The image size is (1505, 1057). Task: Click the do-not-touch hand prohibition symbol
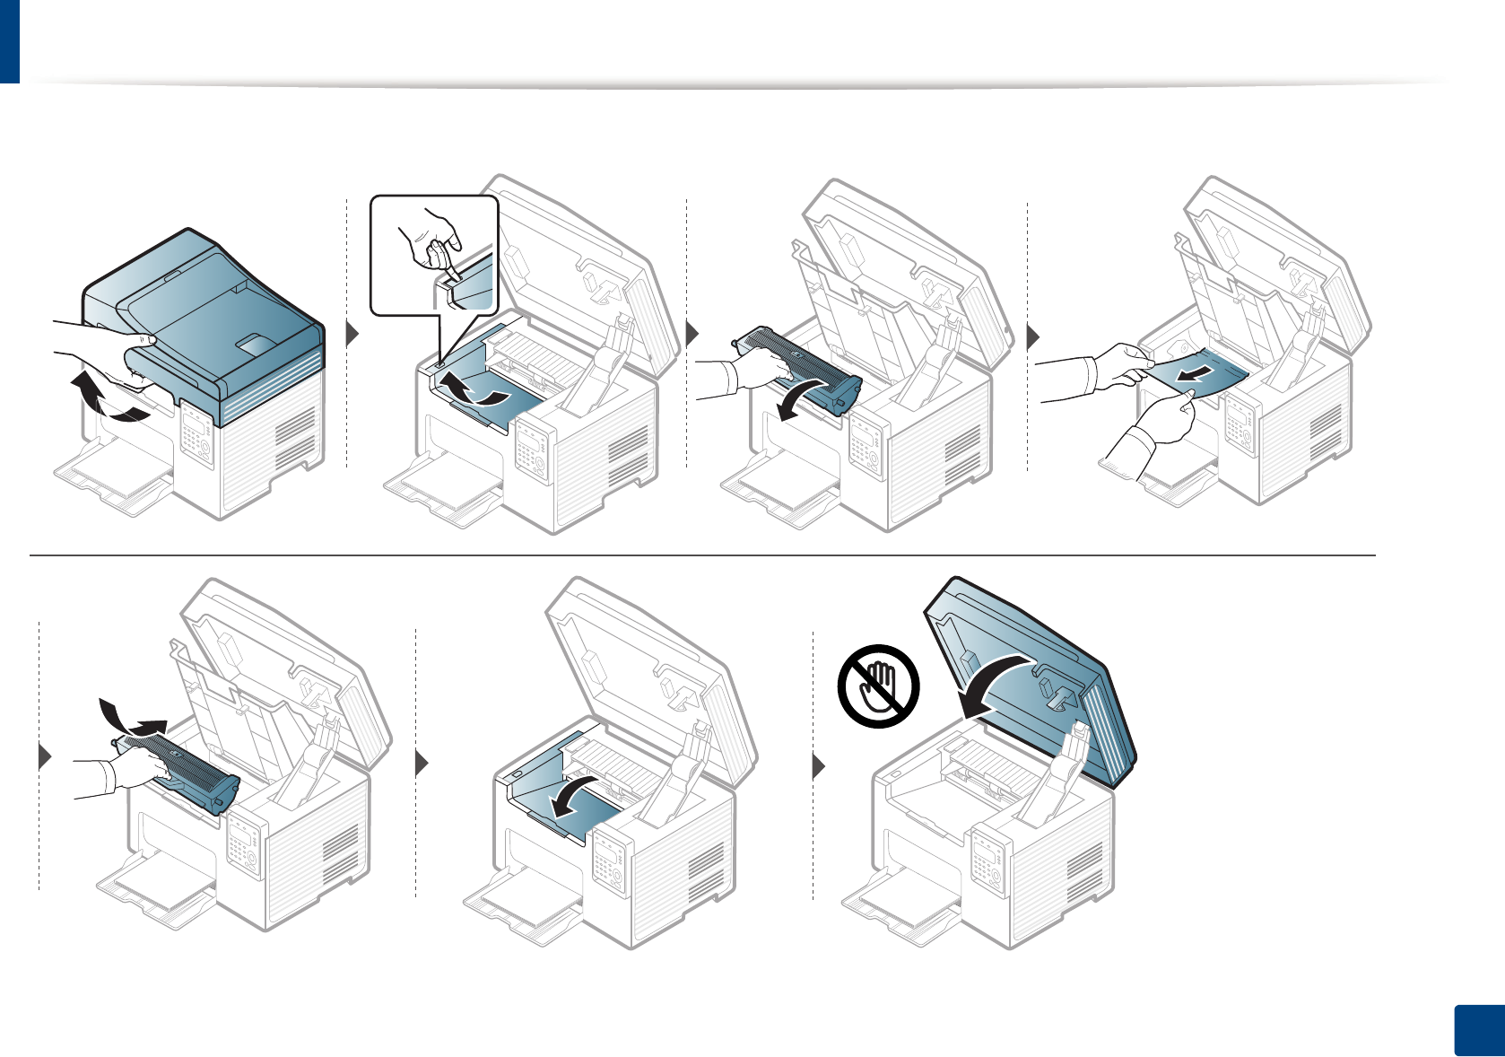tap(879, 686)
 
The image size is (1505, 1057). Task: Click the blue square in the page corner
tap(1477, 1030)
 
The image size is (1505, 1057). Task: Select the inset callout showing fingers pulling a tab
tap(434, 255)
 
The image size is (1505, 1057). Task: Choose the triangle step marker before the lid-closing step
tap(818, 766)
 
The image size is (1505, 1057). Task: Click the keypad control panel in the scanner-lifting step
tap(195, 436)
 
